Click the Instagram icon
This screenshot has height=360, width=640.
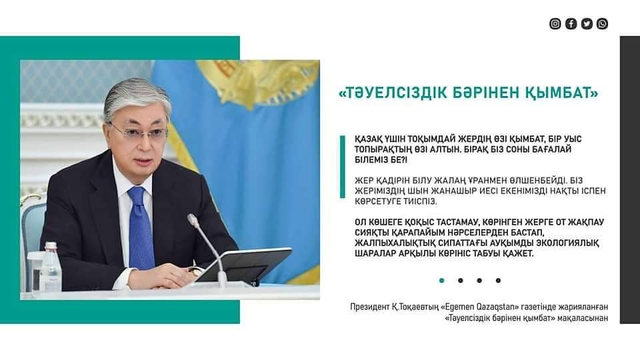[555, 24]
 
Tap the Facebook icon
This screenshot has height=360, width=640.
[571, 24]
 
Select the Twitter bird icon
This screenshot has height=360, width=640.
[587, 24]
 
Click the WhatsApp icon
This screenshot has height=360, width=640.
[602, 24]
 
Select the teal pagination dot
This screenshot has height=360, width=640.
[441, 281]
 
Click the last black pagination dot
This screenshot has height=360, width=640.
[498, 281]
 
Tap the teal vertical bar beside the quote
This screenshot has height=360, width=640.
[343, 167]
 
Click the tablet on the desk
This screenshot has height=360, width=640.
[245, 265]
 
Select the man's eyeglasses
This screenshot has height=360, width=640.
[139, 132]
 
